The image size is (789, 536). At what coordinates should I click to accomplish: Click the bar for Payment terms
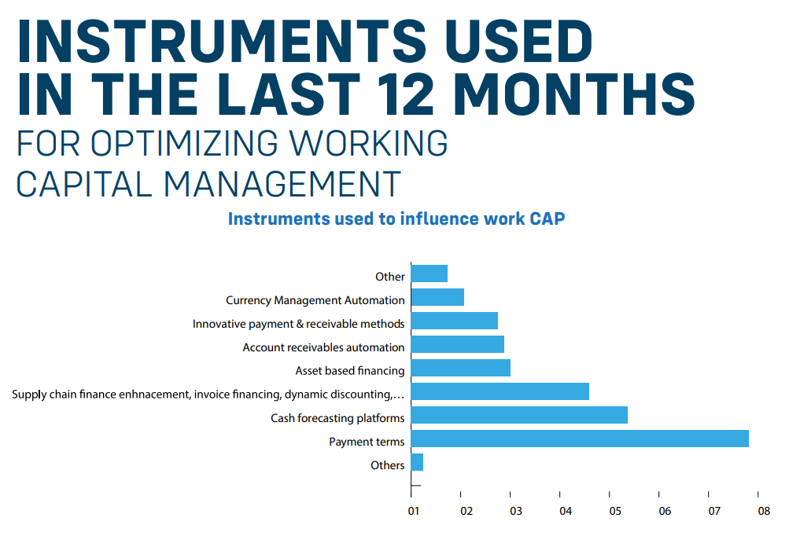(579, 439)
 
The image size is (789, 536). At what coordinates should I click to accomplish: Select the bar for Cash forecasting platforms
(518, 415)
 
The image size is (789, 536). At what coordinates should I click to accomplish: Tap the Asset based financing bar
(460, 368)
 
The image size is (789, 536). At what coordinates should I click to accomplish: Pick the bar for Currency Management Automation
(437, 297)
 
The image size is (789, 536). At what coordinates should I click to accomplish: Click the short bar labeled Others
(417, 462)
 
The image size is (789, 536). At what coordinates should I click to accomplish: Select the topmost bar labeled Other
(429, 274)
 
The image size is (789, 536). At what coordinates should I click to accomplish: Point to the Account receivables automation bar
(457, 344)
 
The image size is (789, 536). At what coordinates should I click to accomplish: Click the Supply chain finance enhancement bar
(500, 391)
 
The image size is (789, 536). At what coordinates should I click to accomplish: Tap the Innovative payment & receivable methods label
(298, 324)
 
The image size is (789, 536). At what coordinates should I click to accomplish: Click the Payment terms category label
(367, 442)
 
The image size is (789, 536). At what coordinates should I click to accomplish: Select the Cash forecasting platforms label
(337, 418)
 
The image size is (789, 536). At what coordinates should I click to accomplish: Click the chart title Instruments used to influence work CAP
(396, 218)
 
